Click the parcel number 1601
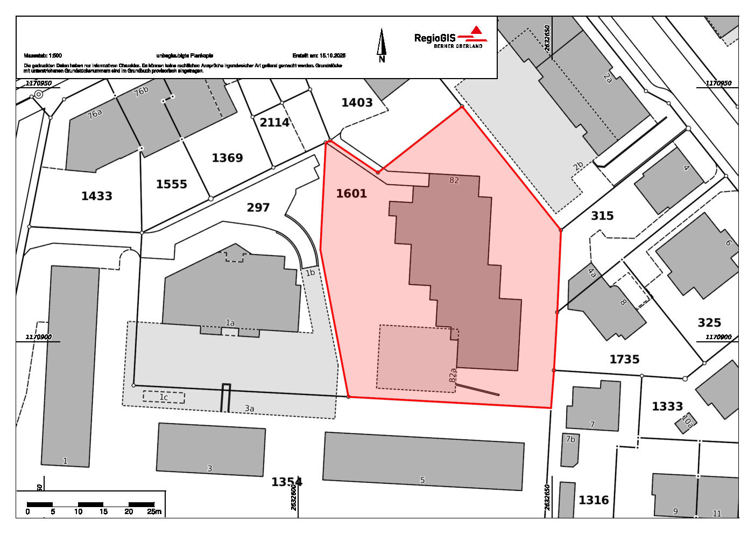(x=351, y=193)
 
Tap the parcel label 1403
(x=357, y=102)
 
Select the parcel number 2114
(x=274, y=122)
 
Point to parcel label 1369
(x=227, y=158)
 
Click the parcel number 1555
(x=171, y=184)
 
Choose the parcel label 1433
(x=97, y=196)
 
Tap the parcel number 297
(x=258, y=207)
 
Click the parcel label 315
(x=602, y=216)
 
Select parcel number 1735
(x=624, y=359)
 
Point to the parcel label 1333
(x=667, y=406)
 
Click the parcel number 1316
(x=594, y=500)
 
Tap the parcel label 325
(x=709, y=322)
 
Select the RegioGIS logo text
(x=435, y=38)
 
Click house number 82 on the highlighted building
(x=454, y=180)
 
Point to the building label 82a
(x=453, y=375)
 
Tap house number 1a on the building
(x=230, y=323)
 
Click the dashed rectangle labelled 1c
(x=164, y=397)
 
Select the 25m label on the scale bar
(x=154, y=511)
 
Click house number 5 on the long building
(x=422, y=480)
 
